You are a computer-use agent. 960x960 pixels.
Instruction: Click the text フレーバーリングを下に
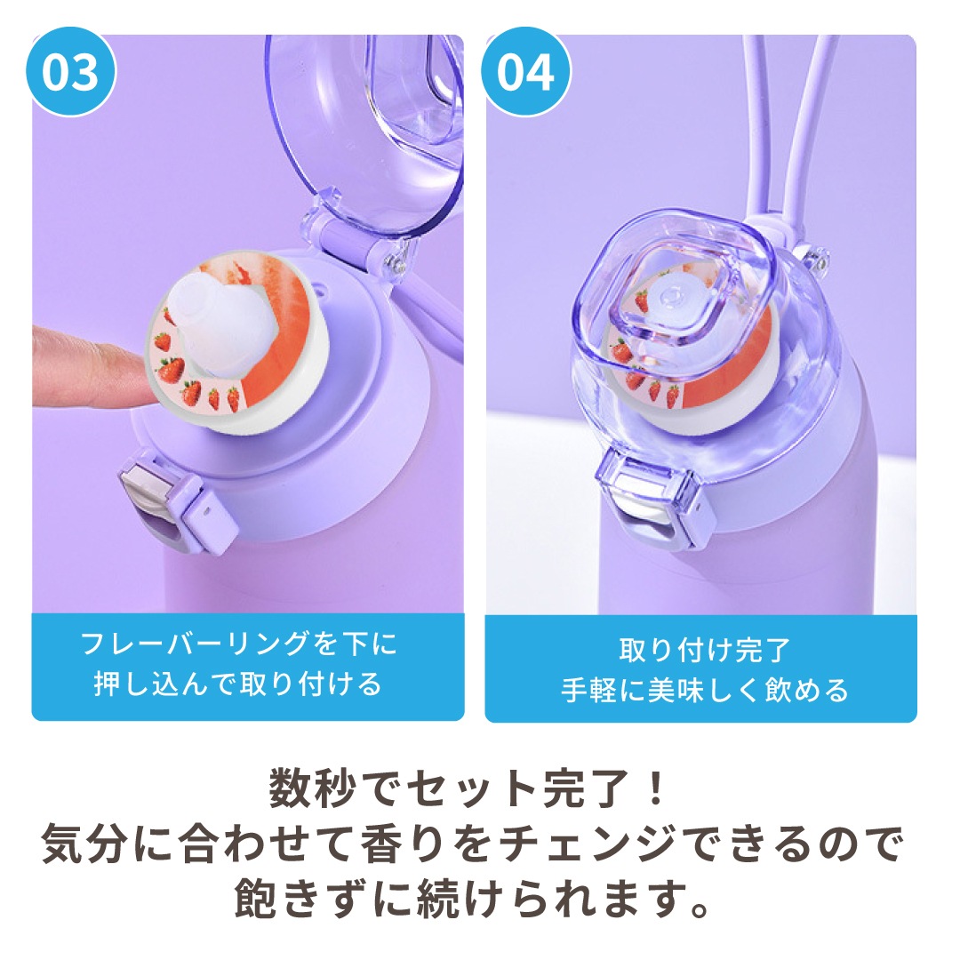click(x=239, y=644)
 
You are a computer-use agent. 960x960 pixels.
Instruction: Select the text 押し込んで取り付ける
click(x=239, y=684)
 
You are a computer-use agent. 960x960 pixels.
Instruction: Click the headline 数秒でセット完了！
click(x=467, y=789)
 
